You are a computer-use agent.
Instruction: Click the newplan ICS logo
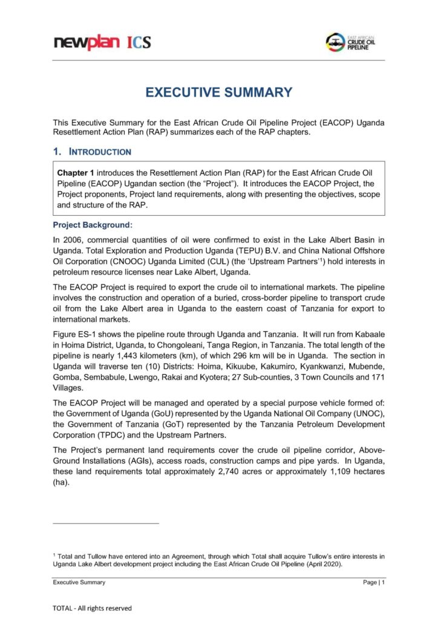[x=102, y=42]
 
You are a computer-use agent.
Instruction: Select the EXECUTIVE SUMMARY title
[x=218, y=92]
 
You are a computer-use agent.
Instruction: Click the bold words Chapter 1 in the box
[x=76, y=172]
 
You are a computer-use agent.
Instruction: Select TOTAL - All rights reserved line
[x=92, y=608]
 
